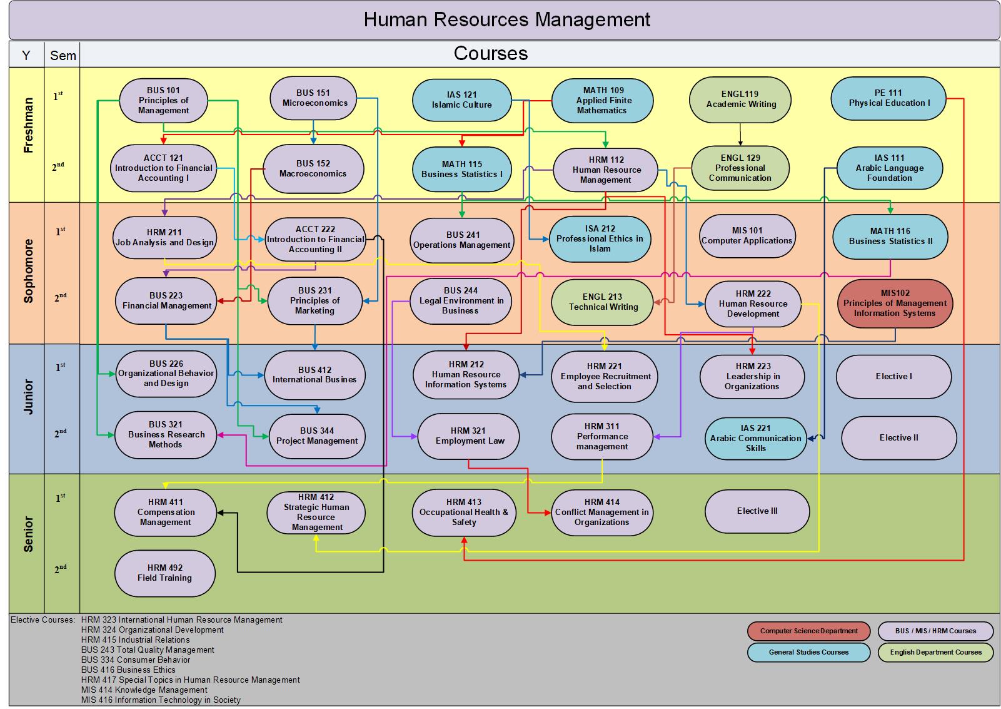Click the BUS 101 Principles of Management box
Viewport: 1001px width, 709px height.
pyautogui.click(x=163, y=100)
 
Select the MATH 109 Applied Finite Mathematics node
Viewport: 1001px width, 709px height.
pyautogui.click(x=602, y=100)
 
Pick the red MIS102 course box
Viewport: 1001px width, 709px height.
pyautogui.click(x=895, y=303)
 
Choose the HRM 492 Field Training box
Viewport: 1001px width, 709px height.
pyautogui.click(x=165, y=573)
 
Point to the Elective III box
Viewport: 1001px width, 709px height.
pyautogui.click(x=757, y=511)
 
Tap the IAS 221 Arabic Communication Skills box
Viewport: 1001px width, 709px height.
pyautogui.click(x=755, y=438)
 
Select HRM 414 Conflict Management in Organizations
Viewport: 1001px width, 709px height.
pyautogui.click(x=601, y=512)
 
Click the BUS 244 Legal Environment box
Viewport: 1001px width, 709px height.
pyautogui.click(x=461, y=300)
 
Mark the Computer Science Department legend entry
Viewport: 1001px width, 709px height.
pyautogui.click(x=808, y=631)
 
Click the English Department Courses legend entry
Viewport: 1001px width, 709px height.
pyautogui.click(x=935, y=652)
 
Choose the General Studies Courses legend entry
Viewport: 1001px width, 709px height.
pyautogui.click(x=808, y=652)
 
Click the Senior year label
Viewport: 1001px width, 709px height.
pyautogui.click(x=28, y=533)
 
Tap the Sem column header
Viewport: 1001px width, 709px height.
pyautogui.click(x=63, y=55)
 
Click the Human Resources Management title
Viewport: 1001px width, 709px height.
pyautogui.click(x=506, y=20)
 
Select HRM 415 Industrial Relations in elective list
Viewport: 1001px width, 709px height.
pyautogui.click(x=135, y=640)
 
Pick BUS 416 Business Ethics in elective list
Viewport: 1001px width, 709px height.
pyautogui.click(x=128, y=670)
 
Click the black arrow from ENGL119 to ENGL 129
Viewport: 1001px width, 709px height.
pyautogui.click(x=740, y=134)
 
